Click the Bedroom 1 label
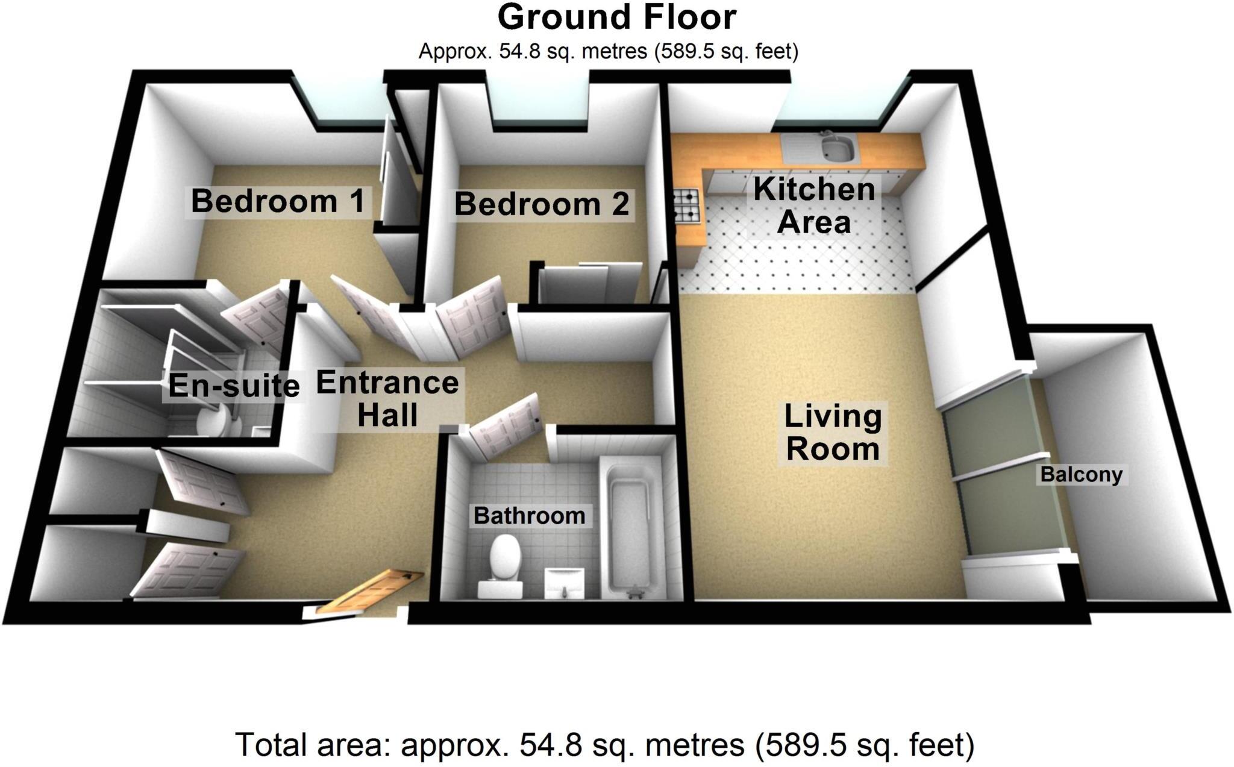pyautogui.click(x=278, y=201)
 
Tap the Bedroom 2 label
pyautogui.click(x=542, y=204)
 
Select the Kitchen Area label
pyautogui.click(x=813, y=205)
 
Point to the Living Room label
pyautogui.click(x=833, y=433)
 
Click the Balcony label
pyautogui.click(x=1082, y=475)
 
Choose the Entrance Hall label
pyautogui.click(x=387, y=399)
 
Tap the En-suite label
pyautogui.click(x=234, y=386)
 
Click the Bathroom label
pyautogui.click(x=529, y=516)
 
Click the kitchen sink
pyautogui.click(x=836, y=148)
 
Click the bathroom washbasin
pyautogui.click(x=565, y=583)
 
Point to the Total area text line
pyautogui.click(x=604, y=745)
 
